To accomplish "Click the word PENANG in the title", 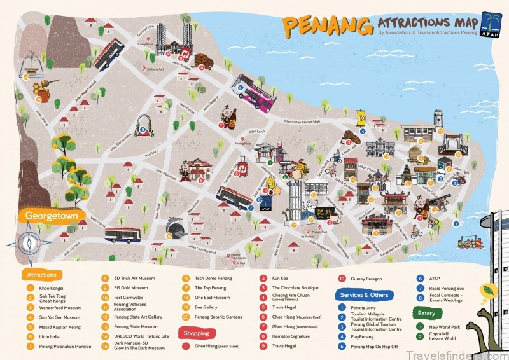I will [x=327, y=25].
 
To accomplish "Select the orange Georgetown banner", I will [x=52, y=216].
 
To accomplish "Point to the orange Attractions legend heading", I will [x=42, y=275].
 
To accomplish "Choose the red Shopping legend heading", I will [x=196, y=333].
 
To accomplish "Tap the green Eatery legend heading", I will [x=426, y=313].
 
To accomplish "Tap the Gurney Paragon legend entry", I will [x=368, y=279].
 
